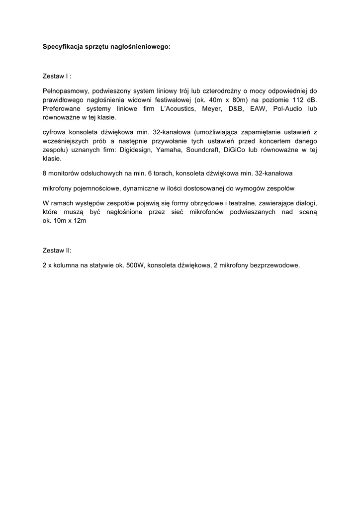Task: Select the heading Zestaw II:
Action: [x=58, y=251]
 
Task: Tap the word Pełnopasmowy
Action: [x=66, y=90]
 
